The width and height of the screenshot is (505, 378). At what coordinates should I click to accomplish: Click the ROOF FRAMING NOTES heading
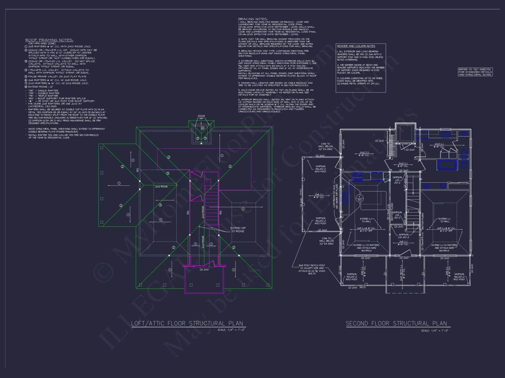pos(49,40)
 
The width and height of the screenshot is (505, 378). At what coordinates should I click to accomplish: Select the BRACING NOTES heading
pos(252,19)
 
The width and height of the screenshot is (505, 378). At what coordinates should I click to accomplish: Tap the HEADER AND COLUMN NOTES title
pos(356,46)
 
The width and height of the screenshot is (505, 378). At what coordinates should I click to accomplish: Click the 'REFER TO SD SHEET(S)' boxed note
pos(475,72)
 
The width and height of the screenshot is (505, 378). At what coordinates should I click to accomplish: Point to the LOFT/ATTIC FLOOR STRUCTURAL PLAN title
pos(187,323)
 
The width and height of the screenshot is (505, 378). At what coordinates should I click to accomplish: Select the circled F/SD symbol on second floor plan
pos(360,198)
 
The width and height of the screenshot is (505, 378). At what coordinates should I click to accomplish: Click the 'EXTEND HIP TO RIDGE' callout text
pos(238,230)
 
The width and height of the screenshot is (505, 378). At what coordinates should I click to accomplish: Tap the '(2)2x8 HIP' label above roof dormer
pos(201,117)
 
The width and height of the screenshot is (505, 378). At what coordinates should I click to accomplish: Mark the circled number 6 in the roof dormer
pos(203,128)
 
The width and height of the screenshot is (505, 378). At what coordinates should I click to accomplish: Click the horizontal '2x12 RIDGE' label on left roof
pos(161,186)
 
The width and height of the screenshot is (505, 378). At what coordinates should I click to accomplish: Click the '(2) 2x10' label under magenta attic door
pos(204,270)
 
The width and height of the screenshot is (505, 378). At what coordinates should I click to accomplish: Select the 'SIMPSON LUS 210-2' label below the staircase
pos(403,236)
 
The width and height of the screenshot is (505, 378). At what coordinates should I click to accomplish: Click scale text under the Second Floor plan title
pos(435,331)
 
